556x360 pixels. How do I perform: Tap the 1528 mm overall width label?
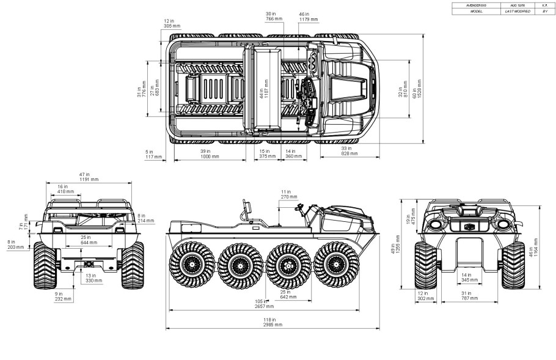coord(418,89)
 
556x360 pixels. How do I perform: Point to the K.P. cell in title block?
coord(544,5)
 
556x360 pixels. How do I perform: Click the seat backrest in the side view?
coord(247,208)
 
